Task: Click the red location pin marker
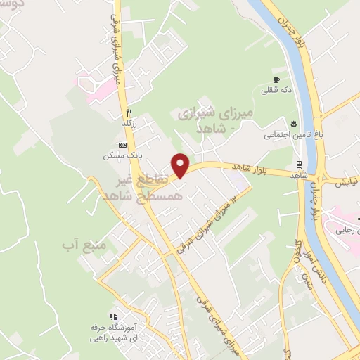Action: pyautogui.click(x=181, y=165)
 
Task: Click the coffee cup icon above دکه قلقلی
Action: pyautogui.click(x=277, y=79)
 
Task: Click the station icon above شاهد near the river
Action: pyautogui.click(x=300, y=165)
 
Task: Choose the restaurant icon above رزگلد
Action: pyautogui.click(x=129, y=112)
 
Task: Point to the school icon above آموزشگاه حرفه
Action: pyautogui.click(x=112, y=318)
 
